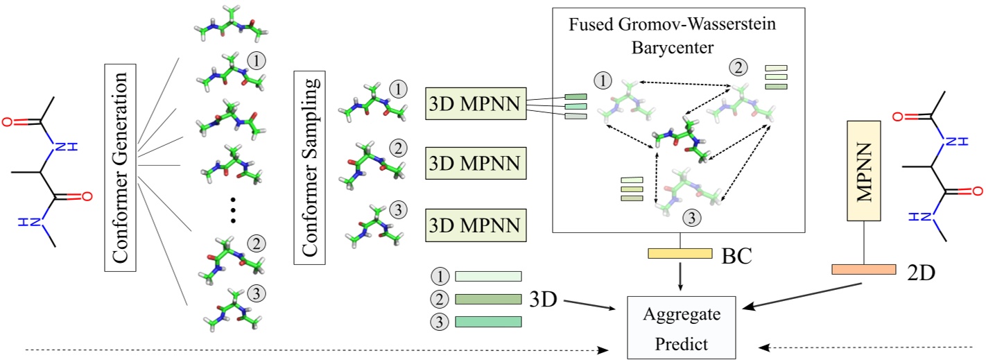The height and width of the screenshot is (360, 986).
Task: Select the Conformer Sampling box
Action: click(x=309, y=166)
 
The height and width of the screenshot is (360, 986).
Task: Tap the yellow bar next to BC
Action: click(x=680, y=253)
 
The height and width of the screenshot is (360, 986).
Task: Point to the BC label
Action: click(x=736, y=256)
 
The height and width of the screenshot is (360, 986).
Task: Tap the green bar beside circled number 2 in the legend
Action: click(x=488, y=299)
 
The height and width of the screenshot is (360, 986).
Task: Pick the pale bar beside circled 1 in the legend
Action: click(x=488, y=276)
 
